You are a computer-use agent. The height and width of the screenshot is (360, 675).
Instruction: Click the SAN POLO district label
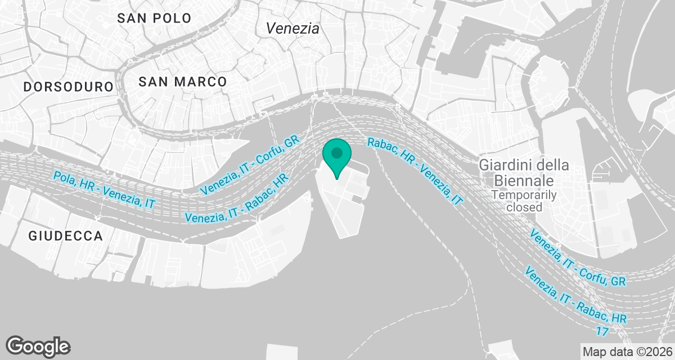pos(154,18)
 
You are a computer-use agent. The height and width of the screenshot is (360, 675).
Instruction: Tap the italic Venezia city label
pos(292,29)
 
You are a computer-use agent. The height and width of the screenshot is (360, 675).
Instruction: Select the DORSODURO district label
pos(69,87)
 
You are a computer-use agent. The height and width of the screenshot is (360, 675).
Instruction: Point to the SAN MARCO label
pos(183,82)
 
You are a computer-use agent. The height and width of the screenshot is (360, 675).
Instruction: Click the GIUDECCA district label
pos(66,236)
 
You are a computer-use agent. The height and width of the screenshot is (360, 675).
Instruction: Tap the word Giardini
pos(501,166)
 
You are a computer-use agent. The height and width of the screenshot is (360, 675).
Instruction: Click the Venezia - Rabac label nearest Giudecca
pos(236,199)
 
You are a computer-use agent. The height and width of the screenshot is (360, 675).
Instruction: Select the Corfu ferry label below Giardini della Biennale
pos(577,257)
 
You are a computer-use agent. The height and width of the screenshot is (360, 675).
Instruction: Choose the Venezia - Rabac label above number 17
pos(575,297)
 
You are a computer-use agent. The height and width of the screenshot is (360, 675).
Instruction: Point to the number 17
pos(602,331)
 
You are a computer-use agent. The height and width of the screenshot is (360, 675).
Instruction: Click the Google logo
pos(38,346)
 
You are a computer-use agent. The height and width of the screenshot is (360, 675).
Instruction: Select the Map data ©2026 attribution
pos(627,352)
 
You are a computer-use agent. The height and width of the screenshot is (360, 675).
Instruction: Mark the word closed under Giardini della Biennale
pos(524,207)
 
